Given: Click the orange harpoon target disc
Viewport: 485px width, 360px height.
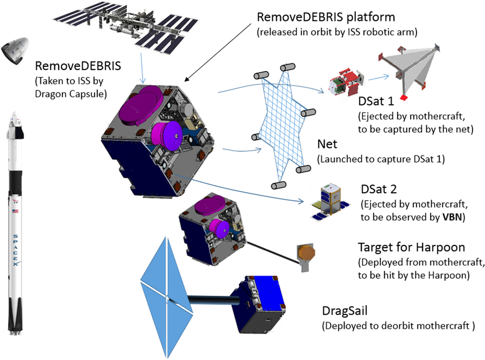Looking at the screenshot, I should (x=305, y=253).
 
